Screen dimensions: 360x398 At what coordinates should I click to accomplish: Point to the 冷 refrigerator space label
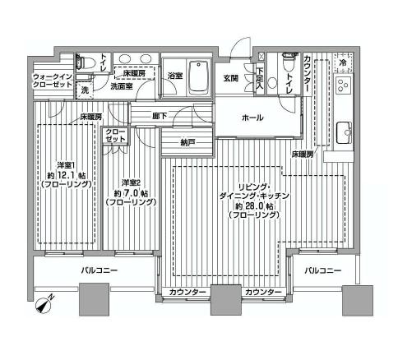click(x=342, y=62)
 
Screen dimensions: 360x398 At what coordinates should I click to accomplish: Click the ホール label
click(x=252, y=118)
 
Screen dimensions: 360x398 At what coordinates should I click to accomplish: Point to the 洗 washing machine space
click(x=86, y=89)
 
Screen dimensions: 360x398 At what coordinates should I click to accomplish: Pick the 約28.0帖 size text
click(x=248, y=208)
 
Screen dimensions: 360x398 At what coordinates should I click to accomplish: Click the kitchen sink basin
click(x=345, y=130)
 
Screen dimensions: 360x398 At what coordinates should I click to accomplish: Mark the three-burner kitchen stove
click(x=343, y=86)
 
